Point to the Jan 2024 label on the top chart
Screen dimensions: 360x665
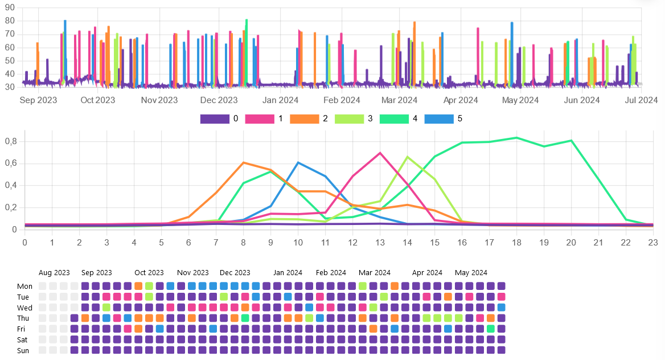[x=281, y=100]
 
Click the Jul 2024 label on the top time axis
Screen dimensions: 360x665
[x=642, y=100]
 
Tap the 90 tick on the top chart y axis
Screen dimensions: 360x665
[x=9, y=8]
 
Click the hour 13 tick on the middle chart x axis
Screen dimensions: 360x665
[x=380, y=242]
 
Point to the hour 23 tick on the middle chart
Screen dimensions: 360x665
[x=653, y=242]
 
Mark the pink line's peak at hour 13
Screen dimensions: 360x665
[x=380, y=153]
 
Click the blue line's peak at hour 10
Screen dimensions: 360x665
[x=298, y=162]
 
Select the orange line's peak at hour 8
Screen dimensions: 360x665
[x=243, y=162]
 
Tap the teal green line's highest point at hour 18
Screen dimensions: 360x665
[x=516, y=137]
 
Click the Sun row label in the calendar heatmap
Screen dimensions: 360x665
[x=23, y=351]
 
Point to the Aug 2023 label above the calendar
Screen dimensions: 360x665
[x=54, y=273]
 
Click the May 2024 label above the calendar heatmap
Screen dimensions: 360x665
[x=471, y=273]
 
